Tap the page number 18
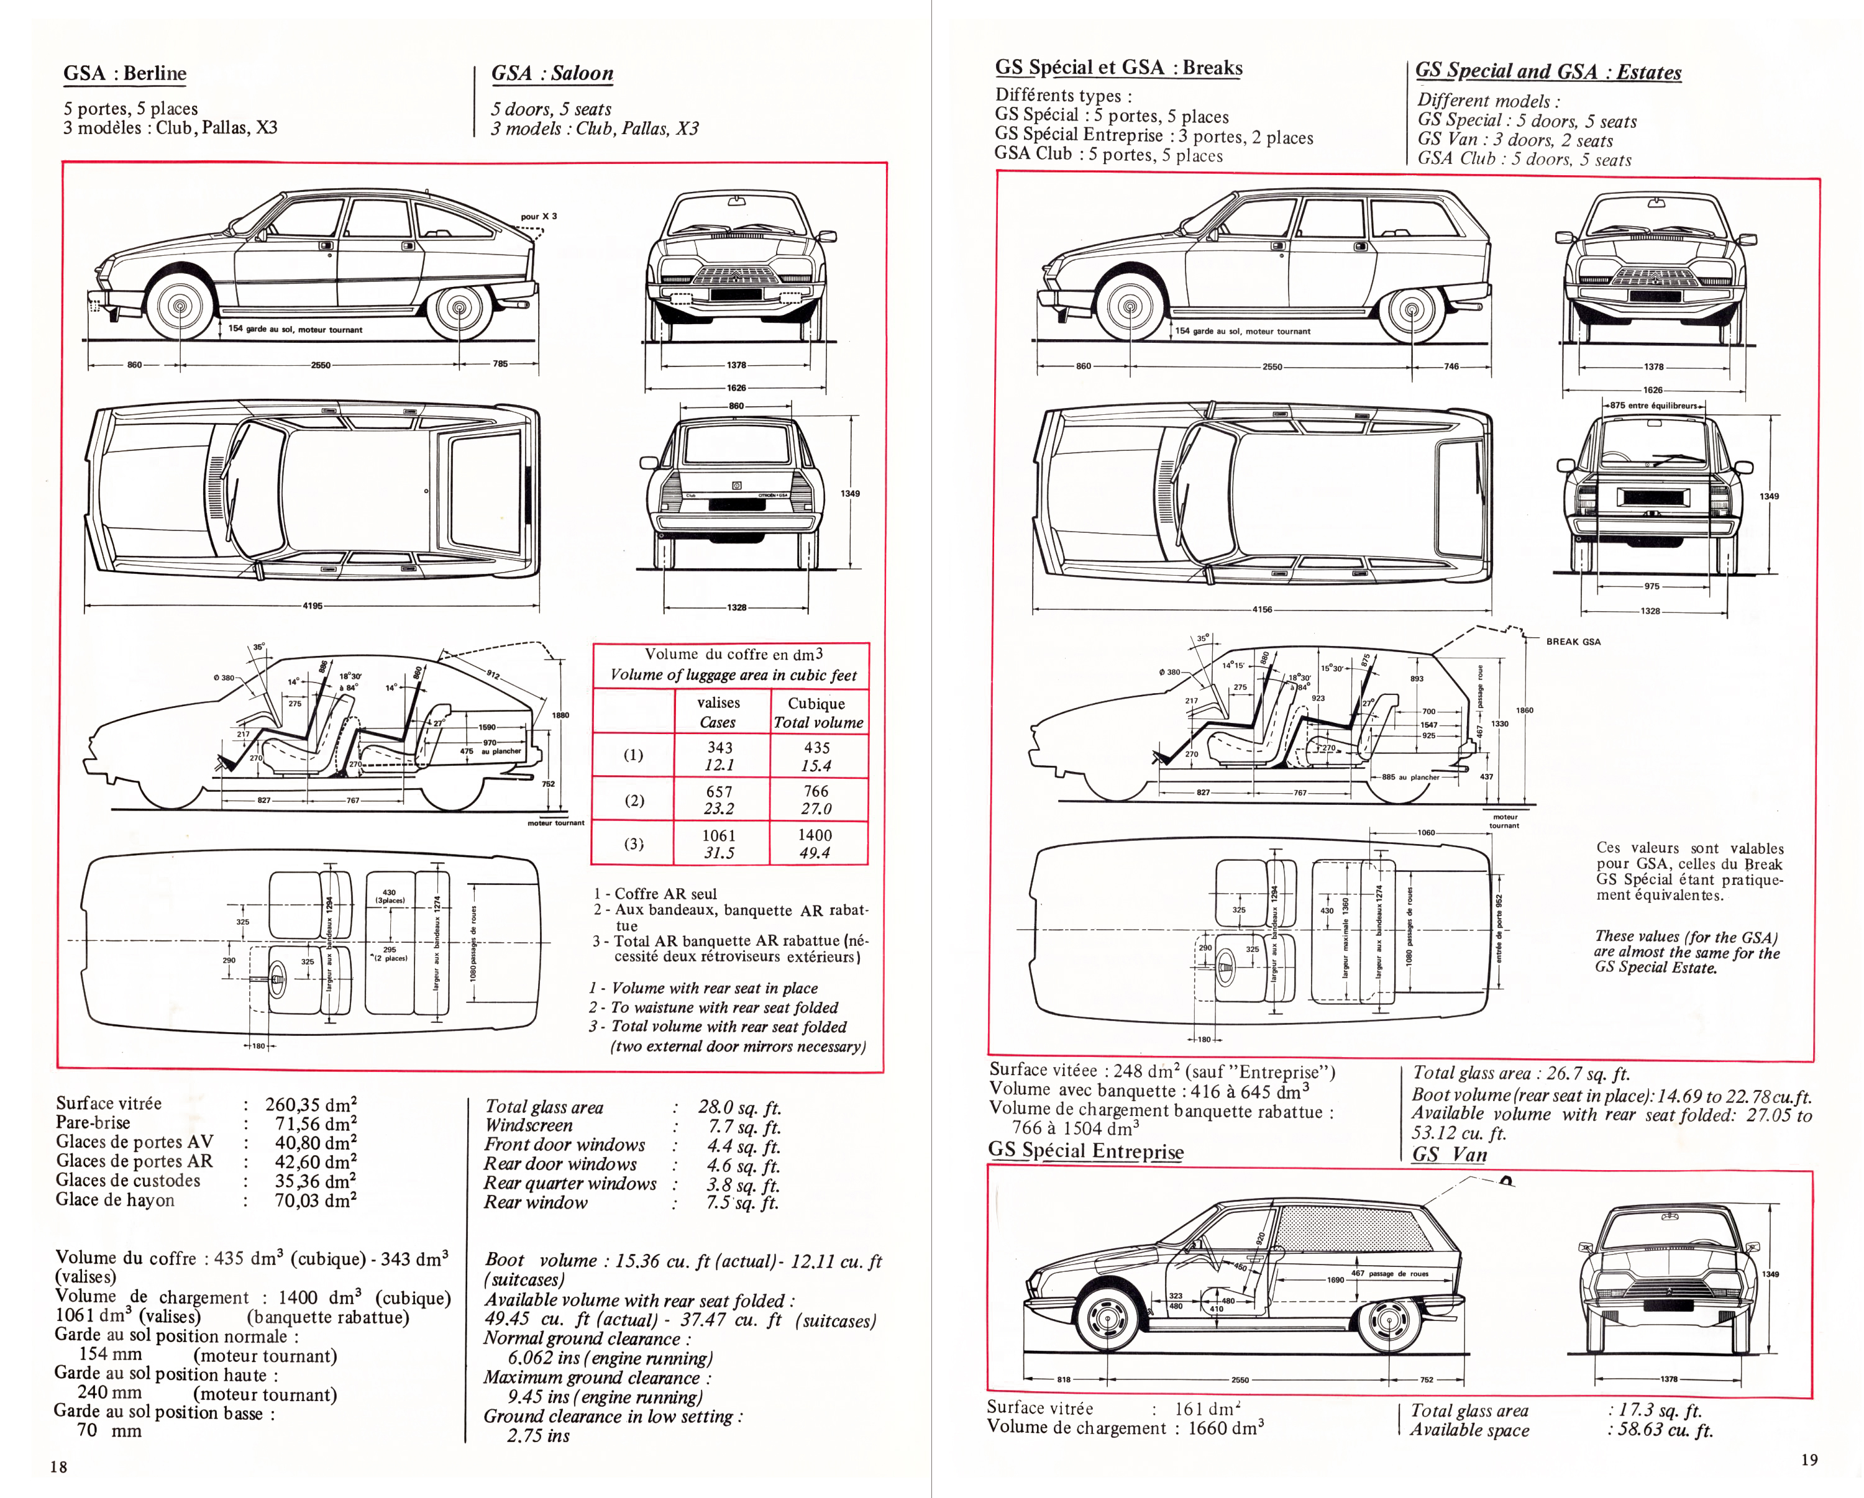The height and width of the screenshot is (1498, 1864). [x=59, y=1466]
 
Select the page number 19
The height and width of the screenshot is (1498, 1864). [x=1809, y=1460]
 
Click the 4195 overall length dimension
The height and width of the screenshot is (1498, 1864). [x=312, y=606]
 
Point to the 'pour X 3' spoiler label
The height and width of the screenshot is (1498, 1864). [x=539, y=216]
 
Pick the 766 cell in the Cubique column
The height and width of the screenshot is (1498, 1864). [x=816, y=791]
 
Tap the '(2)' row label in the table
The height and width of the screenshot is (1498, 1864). [x=634, y=801]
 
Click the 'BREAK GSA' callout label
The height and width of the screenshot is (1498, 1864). [x=1573, y=642]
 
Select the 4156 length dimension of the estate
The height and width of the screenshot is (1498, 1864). [x=1263, y=609]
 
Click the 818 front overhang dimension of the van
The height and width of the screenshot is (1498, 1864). [x=1064, y=1379]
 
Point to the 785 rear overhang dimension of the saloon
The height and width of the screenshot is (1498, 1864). [x=501, y=364]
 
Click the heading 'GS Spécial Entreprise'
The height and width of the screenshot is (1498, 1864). [x=1086, y=1150]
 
